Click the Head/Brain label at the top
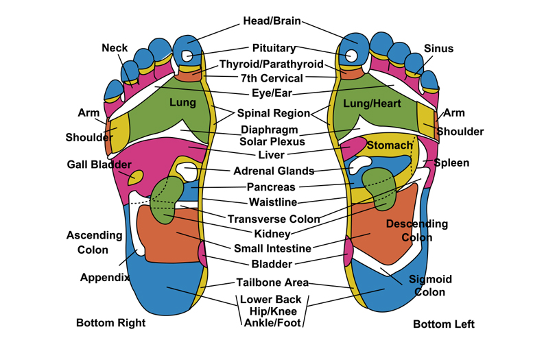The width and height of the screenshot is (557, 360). point(272,21)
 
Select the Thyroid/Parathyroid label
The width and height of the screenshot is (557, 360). point(271,64)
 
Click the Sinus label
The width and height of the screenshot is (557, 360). point(438,49)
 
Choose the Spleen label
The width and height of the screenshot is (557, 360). point(451,163)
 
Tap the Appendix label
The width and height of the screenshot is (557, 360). point(105,278)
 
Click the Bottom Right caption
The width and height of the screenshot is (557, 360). point(110,323)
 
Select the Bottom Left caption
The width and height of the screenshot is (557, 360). point(443,324)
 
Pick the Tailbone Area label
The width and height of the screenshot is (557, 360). point(272,283)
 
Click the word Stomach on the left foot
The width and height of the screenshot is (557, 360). point(390,145)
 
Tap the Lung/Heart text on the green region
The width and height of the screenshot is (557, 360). point(372,104)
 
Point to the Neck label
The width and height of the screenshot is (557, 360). point(115,48)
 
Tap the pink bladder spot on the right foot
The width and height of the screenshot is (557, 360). point(202,254)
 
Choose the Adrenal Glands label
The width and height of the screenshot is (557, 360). point(274,171)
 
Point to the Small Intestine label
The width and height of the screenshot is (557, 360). point(272,249)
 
